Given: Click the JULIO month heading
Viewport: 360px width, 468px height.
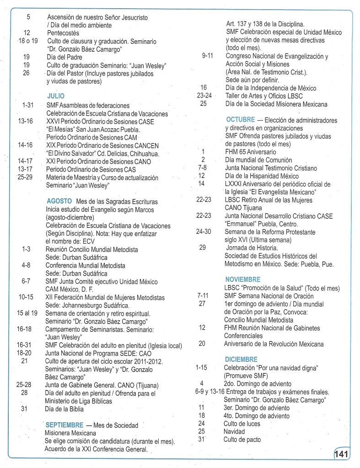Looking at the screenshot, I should click(55, 96).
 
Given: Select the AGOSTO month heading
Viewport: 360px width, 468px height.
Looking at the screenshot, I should click(59, 201).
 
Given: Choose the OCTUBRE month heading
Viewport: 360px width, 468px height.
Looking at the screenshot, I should click(240, 120).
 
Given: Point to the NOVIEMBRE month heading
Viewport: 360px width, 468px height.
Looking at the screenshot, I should click(242, 279).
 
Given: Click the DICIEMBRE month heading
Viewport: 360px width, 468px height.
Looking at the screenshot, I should click(241, 360).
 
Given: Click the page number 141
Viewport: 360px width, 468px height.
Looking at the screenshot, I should click(342, 455).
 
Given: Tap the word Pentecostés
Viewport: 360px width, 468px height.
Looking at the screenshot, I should click(63, 33).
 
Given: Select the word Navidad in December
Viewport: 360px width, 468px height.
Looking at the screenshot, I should click(234, 431).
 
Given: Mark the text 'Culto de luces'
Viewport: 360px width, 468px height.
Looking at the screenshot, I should click(242, 424).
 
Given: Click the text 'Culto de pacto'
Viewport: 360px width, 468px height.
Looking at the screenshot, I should click(242, 440).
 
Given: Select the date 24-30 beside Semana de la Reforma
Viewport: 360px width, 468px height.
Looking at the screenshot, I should click(204, 231).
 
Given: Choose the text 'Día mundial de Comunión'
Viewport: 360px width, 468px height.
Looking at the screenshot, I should click(258, 160).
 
